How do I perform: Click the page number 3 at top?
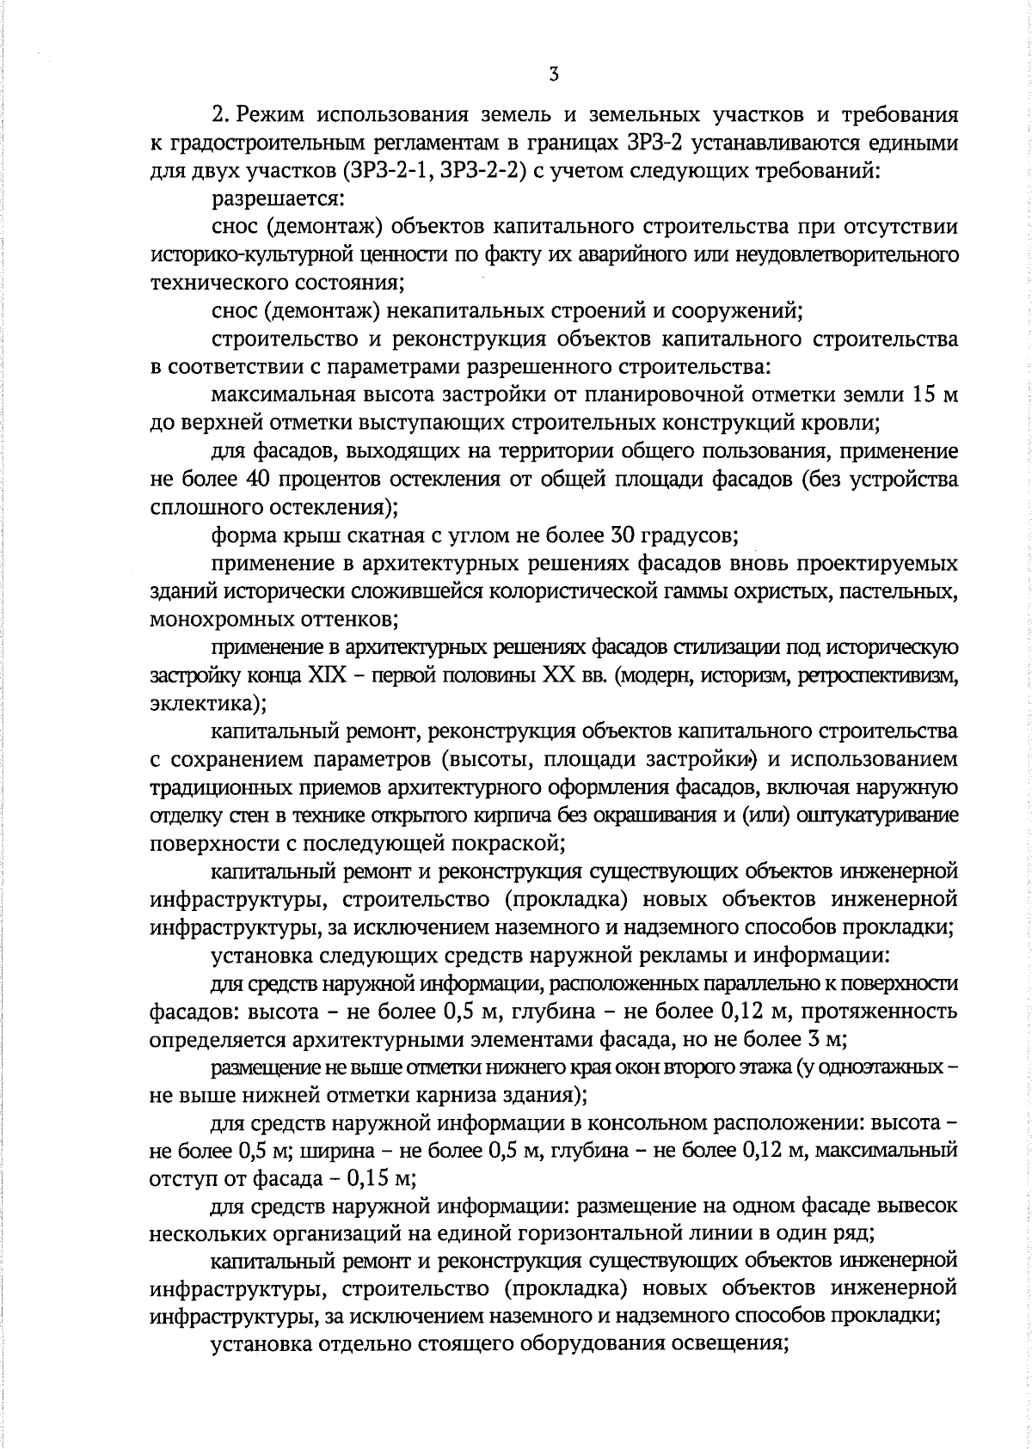point(553,75)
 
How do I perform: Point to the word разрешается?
point(278,199)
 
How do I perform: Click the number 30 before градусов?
point(622,535)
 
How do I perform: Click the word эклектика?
point(205,703)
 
